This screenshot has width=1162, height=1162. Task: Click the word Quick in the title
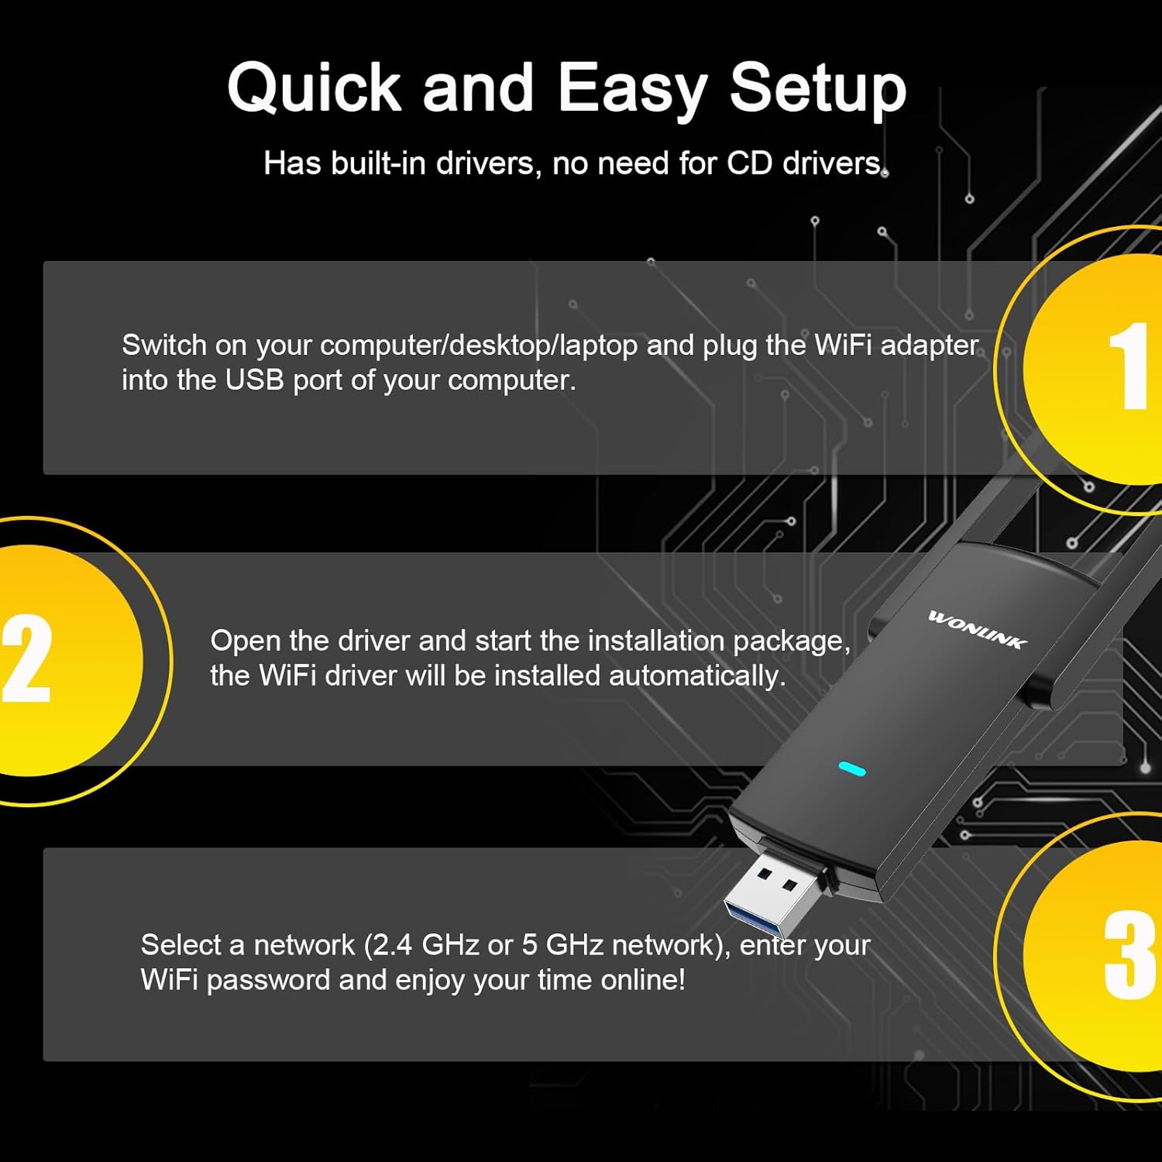point(314,88)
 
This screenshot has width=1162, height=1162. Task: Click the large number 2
point(27,658)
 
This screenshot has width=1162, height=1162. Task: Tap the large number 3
point(1129,954)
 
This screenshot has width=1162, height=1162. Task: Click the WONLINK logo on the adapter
point(978,629)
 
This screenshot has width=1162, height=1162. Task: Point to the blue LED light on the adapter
point(851,769)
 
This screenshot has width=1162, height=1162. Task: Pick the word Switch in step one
point(163,346)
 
